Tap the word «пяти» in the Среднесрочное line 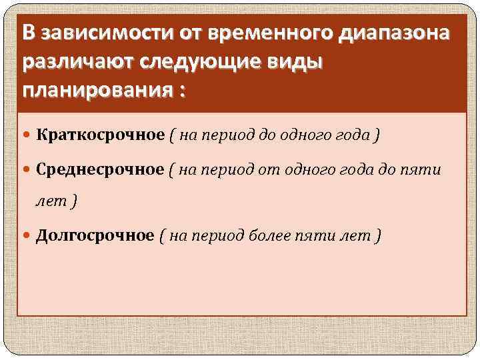click(x=424, y=169)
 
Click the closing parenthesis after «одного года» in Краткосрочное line click(x=378, y=135)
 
